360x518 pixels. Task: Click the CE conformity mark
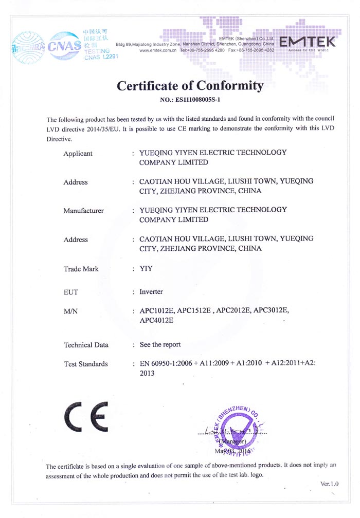tap(86, 416)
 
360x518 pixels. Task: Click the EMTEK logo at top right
tap(308, 43)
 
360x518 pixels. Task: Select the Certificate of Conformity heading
tap(190, 85)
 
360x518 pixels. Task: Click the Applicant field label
tap(78, 153)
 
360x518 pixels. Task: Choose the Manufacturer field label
tap(83, 211)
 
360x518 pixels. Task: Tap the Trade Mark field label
tap(81, 269)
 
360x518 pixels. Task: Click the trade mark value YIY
tap(147, 269)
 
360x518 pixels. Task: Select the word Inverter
tap(151, 292)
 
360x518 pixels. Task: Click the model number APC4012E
tap(157, 321)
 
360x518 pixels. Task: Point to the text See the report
tap(160, 344)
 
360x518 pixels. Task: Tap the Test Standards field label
tap(85, 364)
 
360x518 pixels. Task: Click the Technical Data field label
tap(85, 345)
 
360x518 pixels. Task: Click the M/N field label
tap(70, 311)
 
